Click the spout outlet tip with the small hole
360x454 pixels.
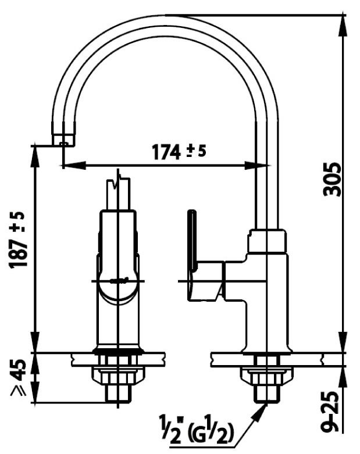click(63, 140)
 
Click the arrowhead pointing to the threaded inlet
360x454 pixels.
click(257, 412)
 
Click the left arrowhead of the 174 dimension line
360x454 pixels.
click(65, 166)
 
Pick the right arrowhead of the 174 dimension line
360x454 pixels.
click(265, 166)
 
